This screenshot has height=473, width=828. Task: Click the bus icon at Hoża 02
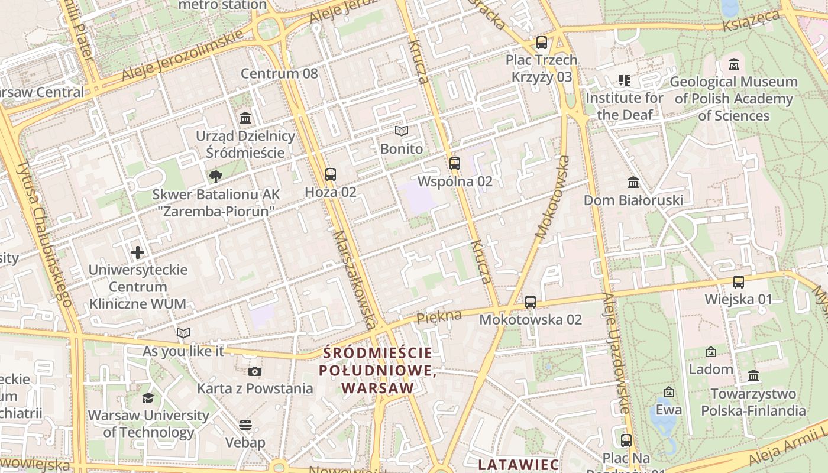(x=331, y=174)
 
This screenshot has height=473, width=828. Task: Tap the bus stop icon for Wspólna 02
(x=455, y=164)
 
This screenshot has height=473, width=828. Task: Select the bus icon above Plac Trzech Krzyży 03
(x=542, y=43)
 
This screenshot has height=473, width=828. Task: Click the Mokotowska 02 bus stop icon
(x=531, y=302)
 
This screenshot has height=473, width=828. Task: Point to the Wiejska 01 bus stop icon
(x=739, y=282)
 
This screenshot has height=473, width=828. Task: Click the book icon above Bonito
(x=402, y=131)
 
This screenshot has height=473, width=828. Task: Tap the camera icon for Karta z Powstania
(x=255, y=371)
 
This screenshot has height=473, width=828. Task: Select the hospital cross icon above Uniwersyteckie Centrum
(x=138, y=252)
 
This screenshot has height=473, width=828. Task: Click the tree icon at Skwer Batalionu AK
(x=216, y=176)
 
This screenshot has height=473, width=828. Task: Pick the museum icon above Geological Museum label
(x=734, y=64)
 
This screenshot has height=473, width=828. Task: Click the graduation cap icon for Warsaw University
(x=148, y=398)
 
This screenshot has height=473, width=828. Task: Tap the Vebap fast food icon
(x=245, y=425)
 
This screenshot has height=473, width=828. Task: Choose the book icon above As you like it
(x=183, y=333)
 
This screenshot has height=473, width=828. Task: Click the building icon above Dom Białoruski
(x=633, y=182)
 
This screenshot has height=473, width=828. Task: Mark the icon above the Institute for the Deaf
(x=624, y=80)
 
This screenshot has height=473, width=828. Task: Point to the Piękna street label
(x=439, y=317)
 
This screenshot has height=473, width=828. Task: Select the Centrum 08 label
(x=279, y=74)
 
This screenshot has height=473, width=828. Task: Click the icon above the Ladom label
(x=711, y=352)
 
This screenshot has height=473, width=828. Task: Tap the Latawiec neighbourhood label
(x=519, y=464)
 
